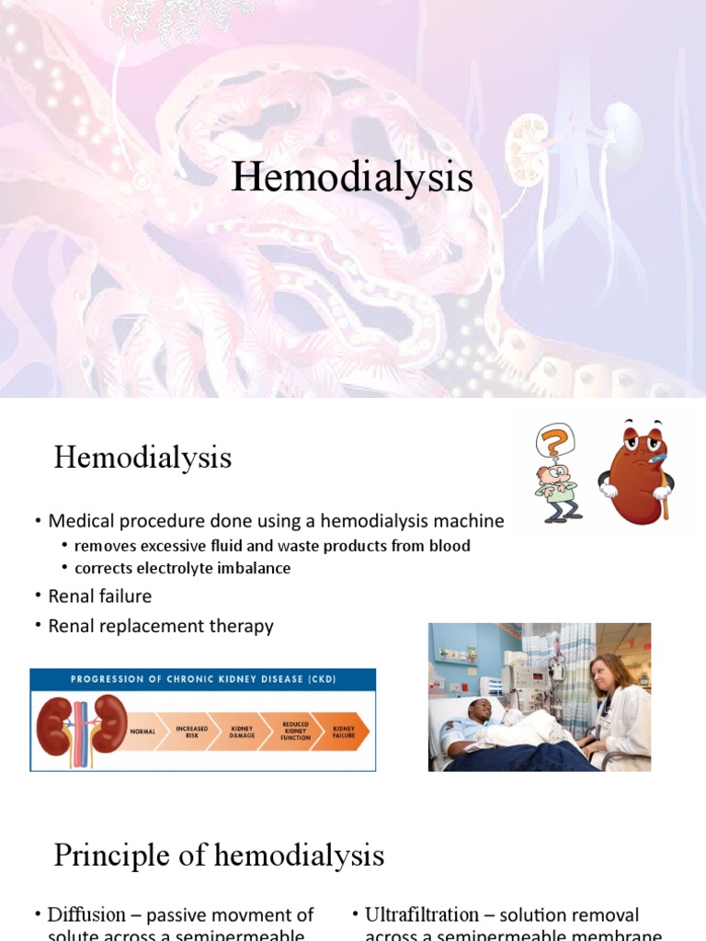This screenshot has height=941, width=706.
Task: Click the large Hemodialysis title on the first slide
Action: pos(352,177)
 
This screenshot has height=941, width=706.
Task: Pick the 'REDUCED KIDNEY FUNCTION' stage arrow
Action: pos(295,731)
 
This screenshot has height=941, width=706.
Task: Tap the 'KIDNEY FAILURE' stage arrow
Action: pos(343,731)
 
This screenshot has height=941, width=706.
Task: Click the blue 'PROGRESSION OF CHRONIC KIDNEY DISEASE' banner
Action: pos(203,679)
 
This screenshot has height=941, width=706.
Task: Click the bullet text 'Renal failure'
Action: pos(99,596)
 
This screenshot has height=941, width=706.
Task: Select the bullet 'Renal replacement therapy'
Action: pos(161,627)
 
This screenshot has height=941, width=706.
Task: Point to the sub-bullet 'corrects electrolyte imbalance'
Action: pos(182,568)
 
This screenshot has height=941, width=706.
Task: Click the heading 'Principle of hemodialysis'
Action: pos(219,856)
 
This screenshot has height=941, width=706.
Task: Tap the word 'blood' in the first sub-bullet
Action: pos(450,546)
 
